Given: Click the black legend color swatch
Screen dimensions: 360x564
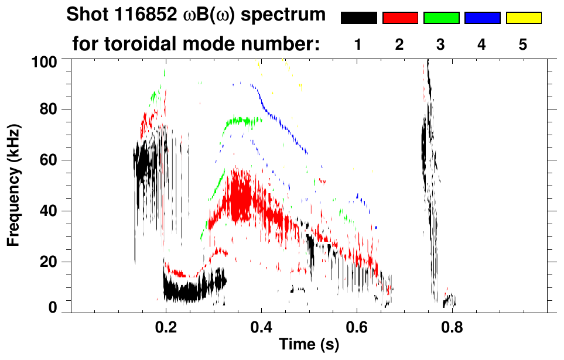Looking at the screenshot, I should (358, 18).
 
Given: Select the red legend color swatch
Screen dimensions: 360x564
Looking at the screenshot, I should (400, 18).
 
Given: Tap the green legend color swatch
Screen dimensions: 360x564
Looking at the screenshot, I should (441, 18).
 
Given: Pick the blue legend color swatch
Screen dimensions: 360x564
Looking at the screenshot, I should (482, 18).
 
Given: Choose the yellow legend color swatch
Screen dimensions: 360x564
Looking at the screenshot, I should (524, 18).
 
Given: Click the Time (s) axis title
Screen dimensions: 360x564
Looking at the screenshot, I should (308, 345).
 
